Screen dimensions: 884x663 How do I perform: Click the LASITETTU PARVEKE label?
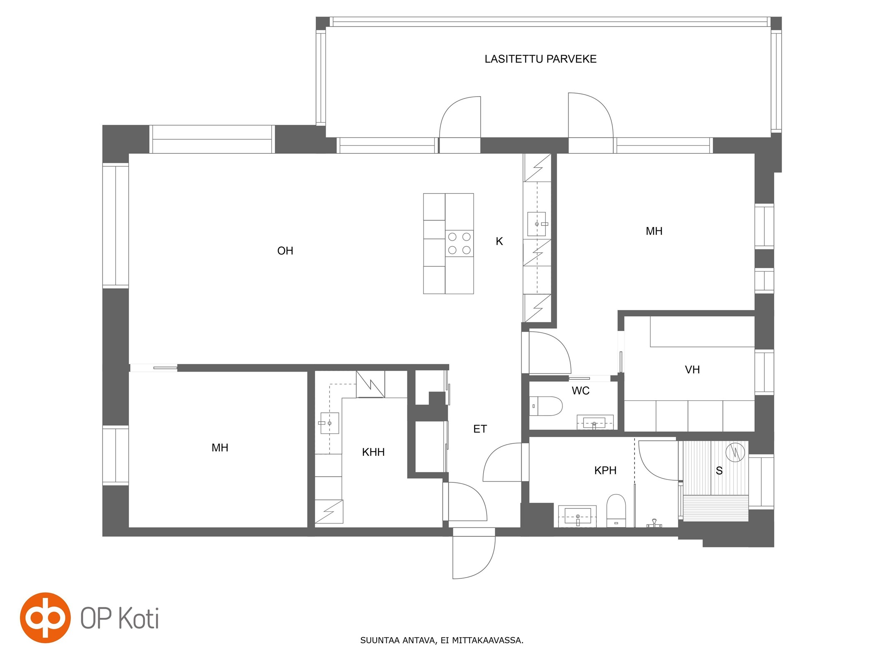click(540, 59)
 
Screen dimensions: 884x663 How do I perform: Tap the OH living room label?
click(285, 251)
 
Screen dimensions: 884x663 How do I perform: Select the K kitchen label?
click(499, 241)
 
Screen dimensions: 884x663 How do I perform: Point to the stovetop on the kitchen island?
click(460, 243)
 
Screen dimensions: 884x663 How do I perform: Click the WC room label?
click(580, 391)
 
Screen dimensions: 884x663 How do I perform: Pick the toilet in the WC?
click(546, 406)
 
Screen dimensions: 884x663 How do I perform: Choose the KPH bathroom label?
click(605, 470)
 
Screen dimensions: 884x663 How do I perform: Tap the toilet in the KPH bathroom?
click(616, 510)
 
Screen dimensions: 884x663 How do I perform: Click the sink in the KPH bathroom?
click(577, 516)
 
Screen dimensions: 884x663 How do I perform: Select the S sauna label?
click(719, 471)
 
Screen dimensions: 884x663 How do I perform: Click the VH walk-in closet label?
click(692, 370)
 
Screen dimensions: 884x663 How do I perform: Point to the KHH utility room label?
click(373, 452)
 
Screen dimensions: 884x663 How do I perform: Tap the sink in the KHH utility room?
click(329, 423)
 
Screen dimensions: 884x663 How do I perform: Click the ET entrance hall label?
click(480, 429)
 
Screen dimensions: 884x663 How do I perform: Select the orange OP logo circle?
click(45, 618)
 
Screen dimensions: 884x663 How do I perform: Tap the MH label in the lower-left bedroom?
click(220, 448)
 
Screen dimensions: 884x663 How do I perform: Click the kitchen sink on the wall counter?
click(537, 224)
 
